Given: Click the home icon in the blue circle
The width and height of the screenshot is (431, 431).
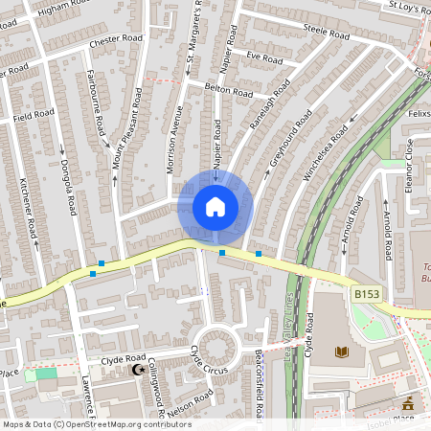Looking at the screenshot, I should click(x=215, y=207).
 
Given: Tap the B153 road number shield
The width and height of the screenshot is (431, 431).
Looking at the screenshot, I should click(x=365, y=294).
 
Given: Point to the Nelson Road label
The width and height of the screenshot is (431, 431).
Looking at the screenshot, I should click(x=191, y=399).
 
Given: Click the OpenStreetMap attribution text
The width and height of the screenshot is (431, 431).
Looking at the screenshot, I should click(x=96, y=424).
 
